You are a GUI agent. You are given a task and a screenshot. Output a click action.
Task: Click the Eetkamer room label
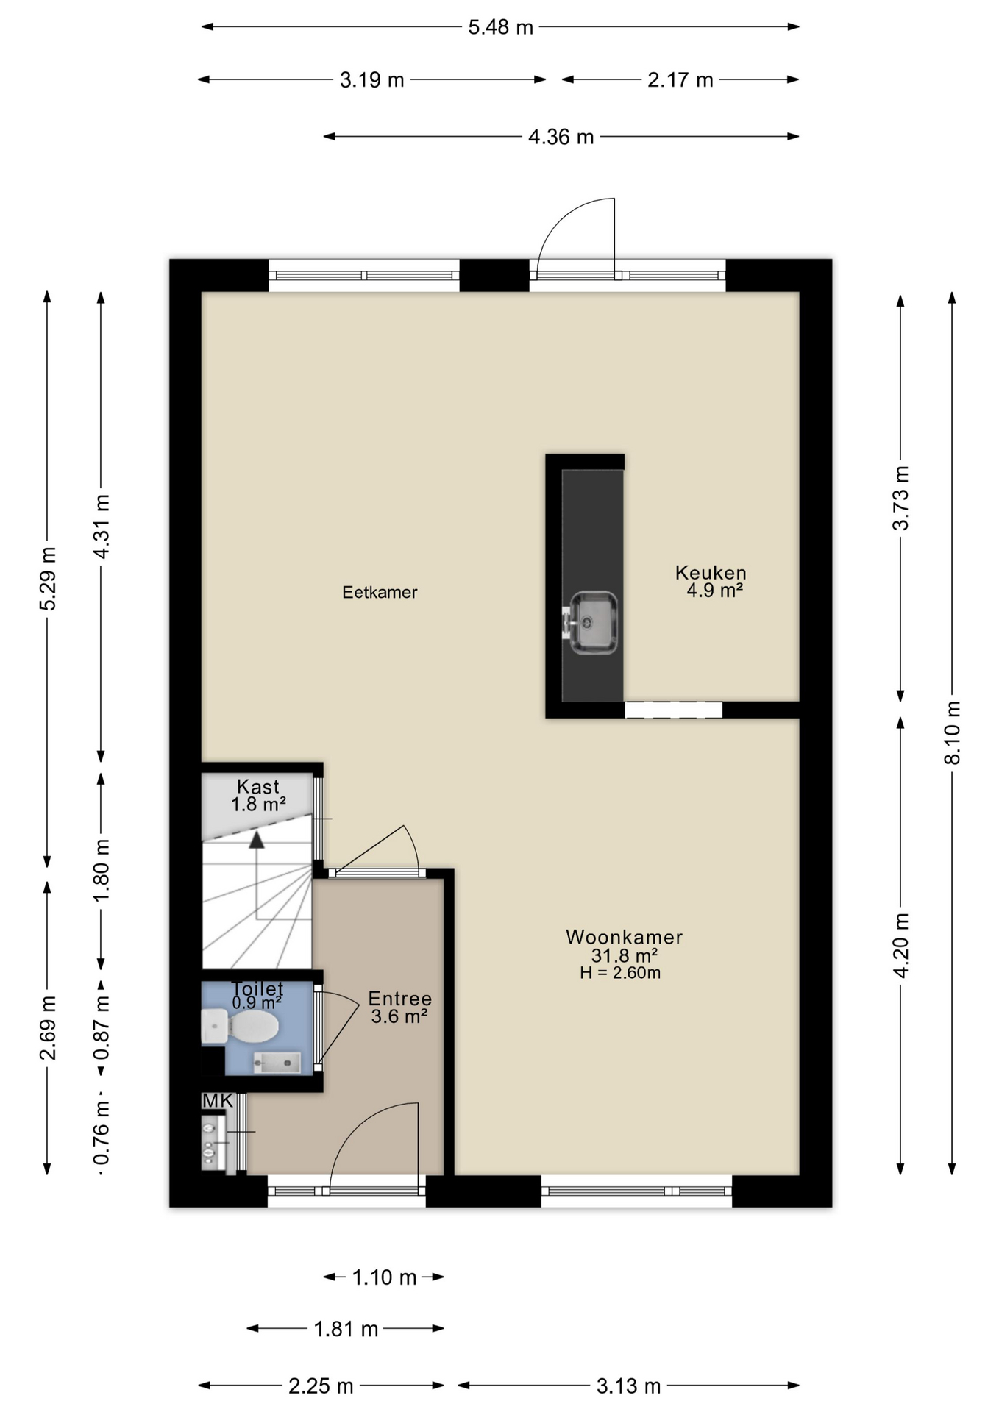[380, 592]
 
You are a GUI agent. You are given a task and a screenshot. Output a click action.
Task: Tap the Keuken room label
[711, 572]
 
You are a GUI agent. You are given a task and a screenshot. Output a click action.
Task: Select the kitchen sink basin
[593, 622]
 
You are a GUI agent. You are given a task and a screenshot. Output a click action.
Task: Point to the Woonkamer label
[624, 937]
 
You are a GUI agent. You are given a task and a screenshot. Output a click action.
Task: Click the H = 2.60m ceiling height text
[620, 973]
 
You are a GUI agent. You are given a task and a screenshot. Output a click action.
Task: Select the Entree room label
[399, 999]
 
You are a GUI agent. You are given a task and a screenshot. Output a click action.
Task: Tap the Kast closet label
[258, 787]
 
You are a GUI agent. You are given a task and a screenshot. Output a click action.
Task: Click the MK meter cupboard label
[218, 1101]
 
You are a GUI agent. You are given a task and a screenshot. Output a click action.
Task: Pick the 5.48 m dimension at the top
[501, 27]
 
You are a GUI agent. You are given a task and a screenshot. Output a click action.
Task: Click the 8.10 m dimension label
[953, 732]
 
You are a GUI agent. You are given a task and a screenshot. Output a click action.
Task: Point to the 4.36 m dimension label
[561, 137]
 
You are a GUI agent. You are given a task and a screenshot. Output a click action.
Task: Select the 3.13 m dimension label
[628, 1386]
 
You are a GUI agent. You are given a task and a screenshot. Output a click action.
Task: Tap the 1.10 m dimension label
[384, 1277]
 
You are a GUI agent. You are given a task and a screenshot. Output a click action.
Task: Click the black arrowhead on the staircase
[256, 840]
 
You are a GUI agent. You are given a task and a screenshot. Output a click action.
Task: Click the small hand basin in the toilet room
[277, 1063]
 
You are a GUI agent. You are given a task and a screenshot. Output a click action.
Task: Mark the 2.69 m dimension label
[48, 1027]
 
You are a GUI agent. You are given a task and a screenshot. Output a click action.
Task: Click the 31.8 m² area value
[624, 955]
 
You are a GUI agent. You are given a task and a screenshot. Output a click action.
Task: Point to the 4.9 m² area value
[714, 590]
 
